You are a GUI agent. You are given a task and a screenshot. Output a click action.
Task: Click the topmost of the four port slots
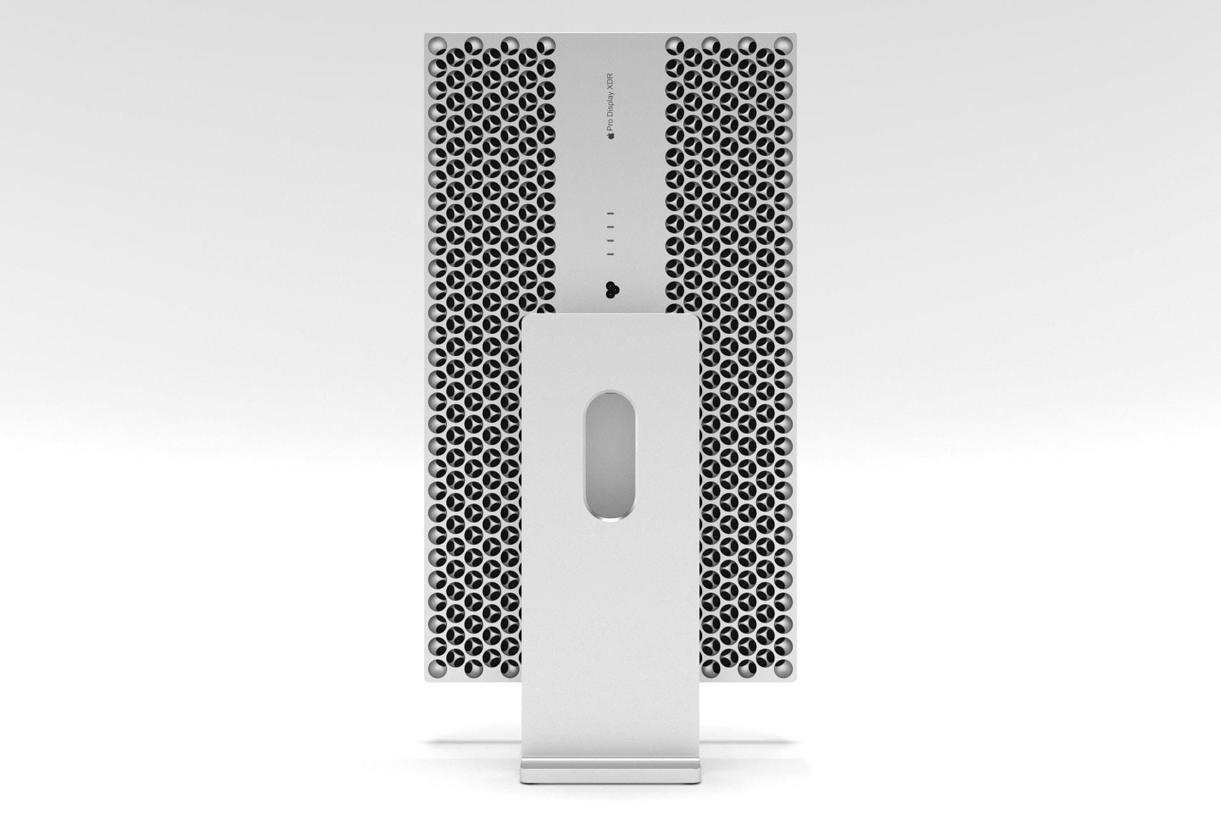[x=610, y=214]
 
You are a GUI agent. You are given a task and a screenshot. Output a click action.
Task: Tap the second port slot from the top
[x=610, y=228]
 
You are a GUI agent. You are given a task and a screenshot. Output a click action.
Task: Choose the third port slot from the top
[x=610, y=241]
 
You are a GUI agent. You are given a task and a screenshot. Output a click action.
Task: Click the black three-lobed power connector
[x=612, y=290]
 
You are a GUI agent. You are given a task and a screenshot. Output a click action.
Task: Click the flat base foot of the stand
[x=610, y=773]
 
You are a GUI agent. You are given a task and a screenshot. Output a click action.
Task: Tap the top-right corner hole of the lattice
[x=784, y=45]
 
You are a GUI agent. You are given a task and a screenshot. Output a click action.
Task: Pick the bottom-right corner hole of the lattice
[x=783, y=668]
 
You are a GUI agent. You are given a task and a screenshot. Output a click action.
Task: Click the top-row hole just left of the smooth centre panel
[x=546, y=45]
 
